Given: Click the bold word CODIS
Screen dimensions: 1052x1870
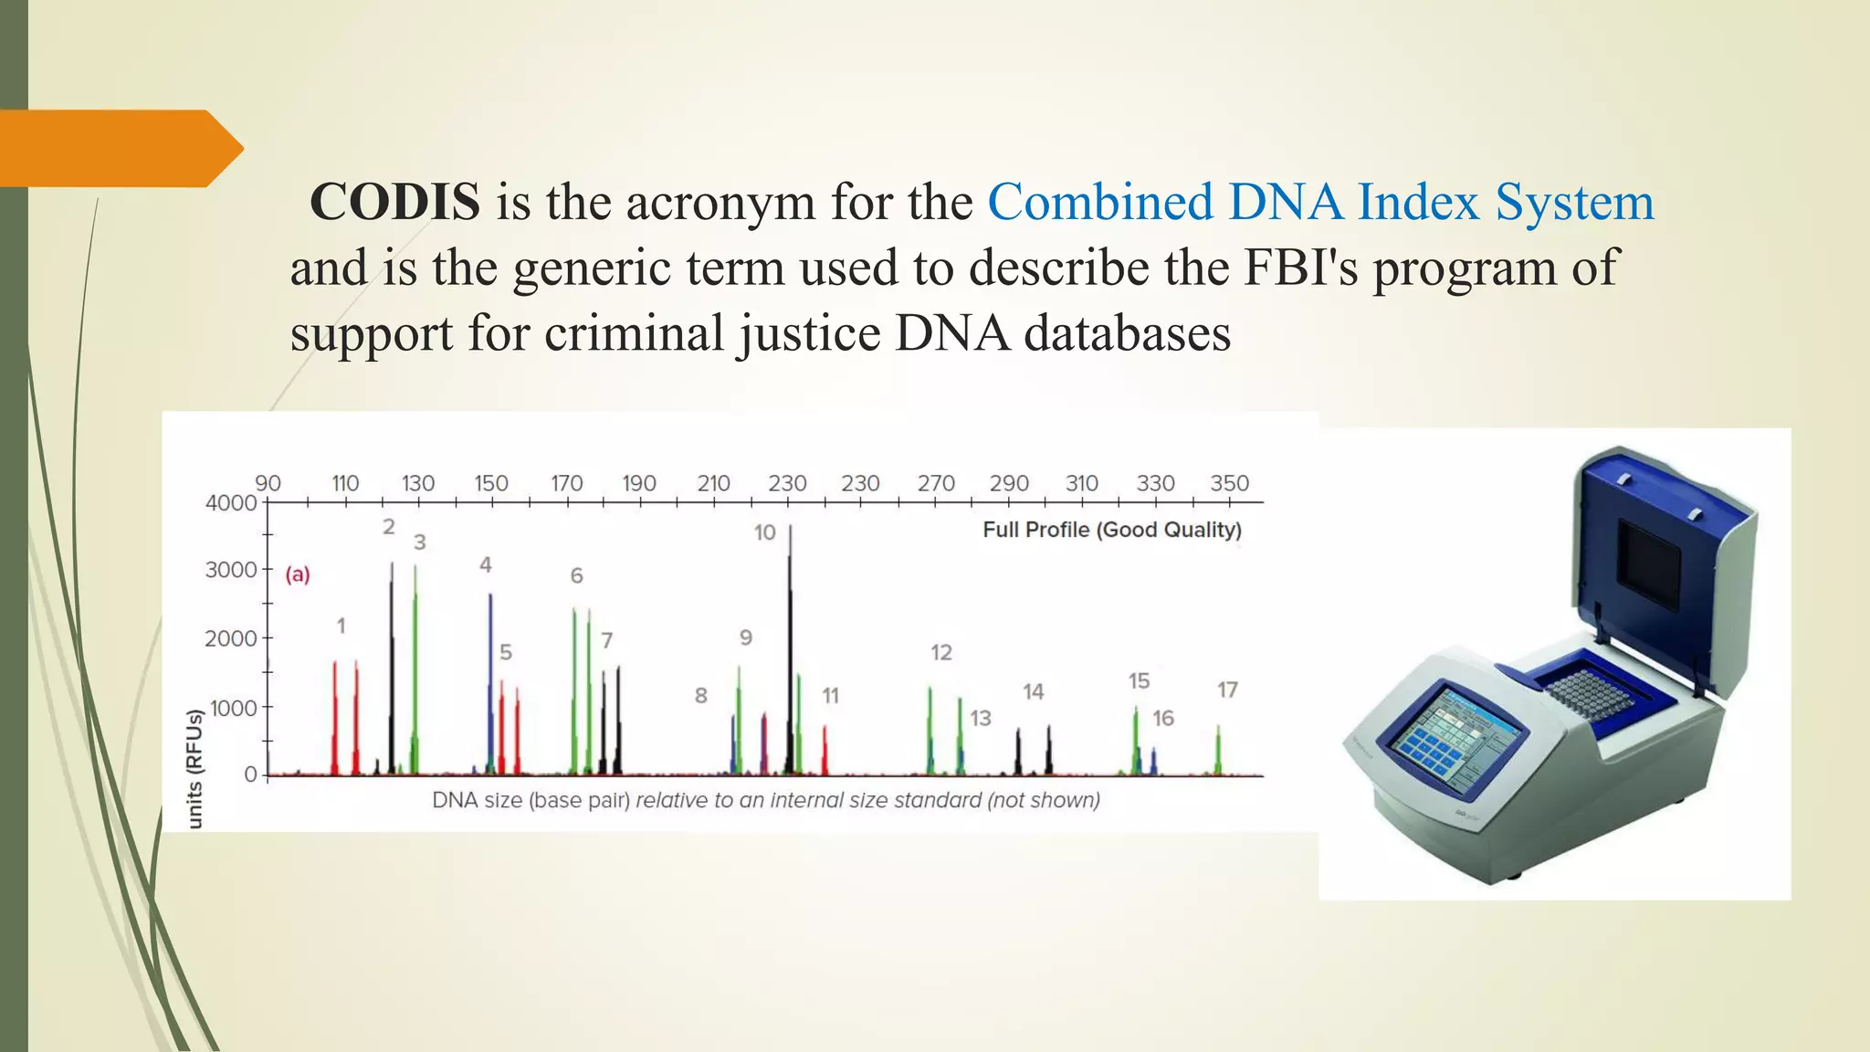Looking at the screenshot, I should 394,202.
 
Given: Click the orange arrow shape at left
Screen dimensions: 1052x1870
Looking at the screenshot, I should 119,148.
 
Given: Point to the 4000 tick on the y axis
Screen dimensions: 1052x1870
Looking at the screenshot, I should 231,502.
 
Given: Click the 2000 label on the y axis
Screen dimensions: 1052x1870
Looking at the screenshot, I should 231,638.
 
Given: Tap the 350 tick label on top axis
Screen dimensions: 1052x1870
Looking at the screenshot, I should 1229,483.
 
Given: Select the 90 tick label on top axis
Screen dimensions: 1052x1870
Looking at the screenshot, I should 268,483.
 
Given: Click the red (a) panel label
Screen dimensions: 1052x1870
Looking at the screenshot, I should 298,574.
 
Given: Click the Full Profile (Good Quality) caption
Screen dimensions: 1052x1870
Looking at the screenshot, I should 1111,530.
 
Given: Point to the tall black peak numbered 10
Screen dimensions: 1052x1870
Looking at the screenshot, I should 790,639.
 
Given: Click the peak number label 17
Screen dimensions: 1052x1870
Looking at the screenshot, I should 1227,689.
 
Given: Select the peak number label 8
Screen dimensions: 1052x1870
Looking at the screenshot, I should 700,696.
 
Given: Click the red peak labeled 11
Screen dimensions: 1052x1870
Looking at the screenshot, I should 825,749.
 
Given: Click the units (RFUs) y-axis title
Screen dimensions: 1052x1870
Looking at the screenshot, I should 194,769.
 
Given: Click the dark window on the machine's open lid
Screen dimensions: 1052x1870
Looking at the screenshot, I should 1649,566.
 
